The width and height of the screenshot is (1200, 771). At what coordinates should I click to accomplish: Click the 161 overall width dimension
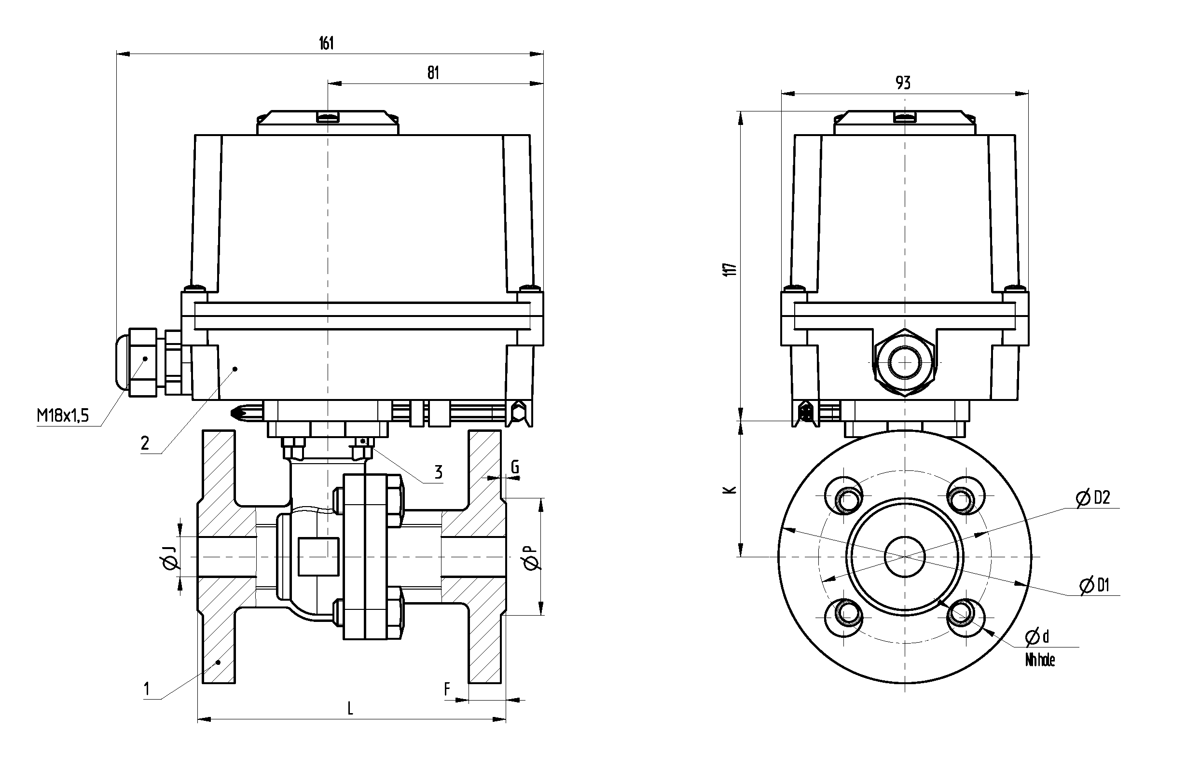(326, 43)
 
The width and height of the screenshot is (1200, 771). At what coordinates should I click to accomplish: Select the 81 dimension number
(433, 73)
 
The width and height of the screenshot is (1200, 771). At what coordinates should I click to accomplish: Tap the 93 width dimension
(903, 83)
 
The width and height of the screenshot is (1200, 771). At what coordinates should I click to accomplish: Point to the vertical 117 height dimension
(731, 269)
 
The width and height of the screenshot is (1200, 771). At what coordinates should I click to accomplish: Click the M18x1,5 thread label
(63, 415)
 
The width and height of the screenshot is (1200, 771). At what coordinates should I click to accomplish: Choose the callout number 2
(145, 443)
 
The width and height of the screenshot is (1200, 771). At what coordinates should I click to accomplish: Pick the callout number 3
(439, 472)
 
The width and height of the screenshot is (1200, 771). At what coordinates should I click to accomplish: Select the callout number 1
(147, 689)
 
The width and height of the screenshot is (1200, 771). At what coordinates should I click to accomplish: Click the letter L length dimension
(350, 708)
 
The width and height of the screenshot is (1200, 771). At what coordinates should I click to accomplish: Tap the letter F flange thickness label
(447, 689)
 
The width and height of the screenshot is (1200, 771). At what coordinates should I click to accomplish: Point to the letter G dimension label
(515, 467)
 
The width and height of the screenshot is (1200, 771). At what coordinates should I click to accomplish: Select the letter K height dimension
(731, 490)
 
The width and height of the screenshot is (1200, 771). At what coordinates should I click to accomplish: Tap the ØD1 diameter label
(1094, 585)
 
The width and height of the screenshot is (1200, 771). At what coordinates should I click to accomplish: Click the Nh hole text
(1040, 661)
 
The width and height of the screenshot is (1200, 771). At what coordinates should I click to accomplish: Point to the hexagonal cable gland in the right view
(904, 362)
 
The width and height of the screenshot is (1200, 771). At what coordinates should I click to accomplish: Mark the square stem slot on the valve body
(318, 556)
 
